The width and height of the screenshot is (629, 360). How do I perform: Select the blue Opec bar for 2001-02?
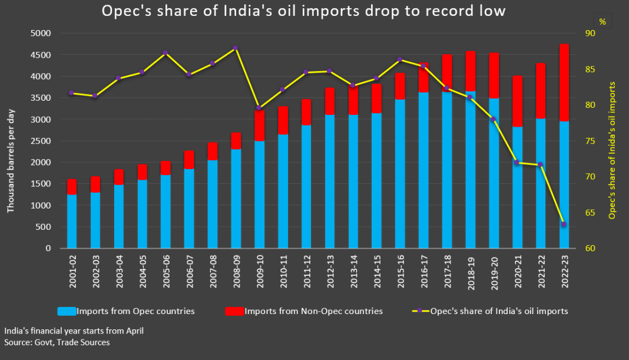tap(72, 221)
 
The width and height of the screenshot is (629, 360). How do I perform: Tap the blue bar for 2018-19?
tap(471, 171)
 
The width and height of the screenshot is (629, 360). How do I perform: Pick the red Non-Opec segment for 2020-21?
tap(517, 101)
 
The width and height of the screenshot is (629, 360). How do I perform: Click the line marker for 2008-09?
tap(235, 48)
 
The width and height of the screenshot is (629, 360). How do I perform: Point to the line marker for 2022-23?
tap(564, 224)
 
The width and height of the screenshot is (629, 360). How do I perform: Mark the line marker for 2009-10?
tap(259, 108)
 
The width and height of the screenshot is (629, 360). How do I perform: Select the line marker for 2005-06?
tap(165, 52)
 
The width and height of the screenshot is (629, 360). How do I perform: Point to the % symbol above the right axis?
tap(602, 21)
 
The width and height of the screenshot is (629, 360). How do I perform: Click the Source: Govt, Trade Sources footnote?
tap(57, 342)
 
